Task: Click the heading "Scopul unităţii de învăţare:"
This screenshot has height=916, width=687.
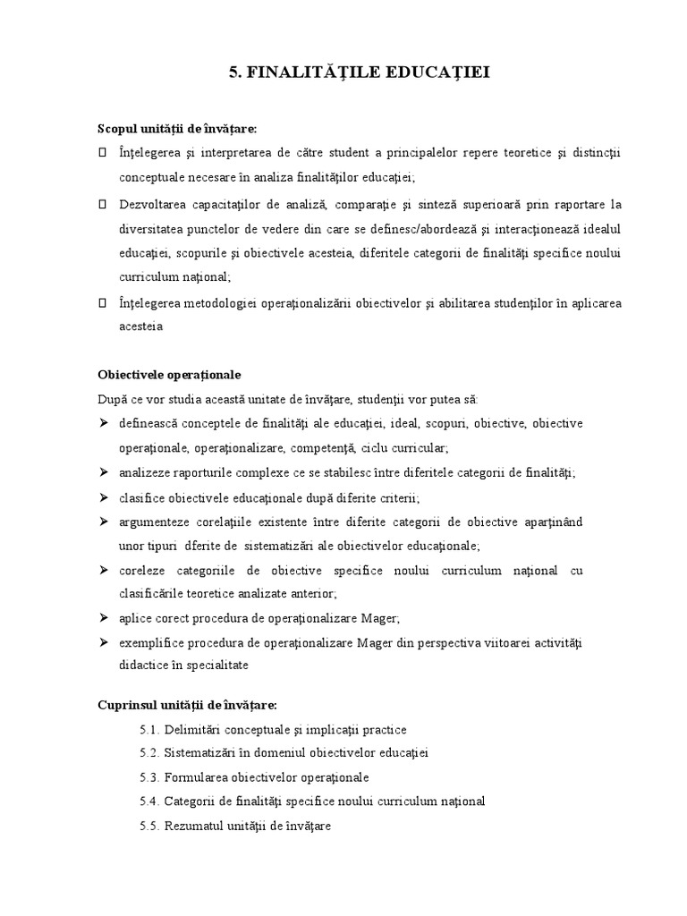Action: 177,130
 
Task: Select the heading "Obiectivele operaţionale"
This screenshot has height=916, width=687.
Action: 169,374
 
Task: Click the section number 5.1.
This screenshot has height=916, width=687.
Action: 148,730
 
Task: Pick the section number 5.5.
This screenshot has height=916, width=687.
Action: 148,827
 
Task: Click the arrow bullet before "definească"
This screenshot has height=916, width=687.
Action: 103,422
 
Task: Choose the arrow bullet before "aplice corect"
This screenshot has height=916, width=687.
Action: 103,617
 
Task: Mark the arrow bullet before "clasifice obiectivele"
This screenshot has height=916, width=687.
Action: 103,496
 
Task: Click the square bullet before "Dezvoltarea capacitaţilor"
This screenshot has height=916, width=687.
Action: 103,205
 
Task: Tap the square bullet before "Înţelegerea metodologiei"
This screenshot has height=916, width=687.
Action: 103,303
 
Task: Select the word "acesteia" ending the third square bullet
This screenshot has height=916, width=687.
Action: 140,327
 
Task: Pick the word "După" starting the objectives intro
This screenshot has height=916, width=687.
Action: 112,398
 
